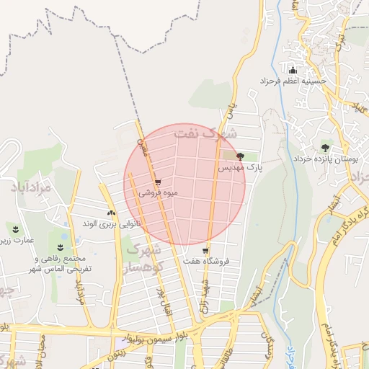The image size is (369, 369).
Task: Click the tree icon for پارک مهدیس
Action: coord(240,156)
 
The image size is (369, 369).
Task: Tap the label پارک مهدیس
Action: coord(238,166)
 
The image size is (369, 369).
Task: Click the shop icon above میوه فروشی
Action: coord(158,181)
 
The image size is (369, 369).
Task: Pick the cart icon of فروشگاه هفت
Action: coord(205,251)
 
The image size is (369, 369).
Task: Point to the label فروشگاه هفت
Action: coord(206,261)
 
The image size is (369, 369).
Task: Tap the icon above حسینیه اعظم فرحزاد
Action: coord(293,70)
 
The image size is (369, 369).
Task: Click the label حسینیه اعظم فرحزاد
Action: coord(293,81)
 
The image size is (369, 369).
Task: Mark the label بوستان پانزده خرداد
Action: coord(321,157)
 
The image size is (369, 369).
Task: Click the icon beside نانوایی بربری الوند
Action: coord(111,213)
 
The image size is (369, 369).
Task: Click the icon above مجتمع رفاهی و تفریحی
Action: coord(60,247)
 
